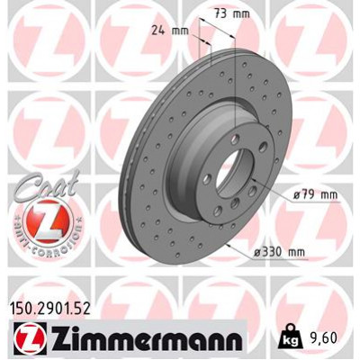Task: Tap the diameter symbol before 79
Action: pyautogui.click(x=295, y=193)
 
